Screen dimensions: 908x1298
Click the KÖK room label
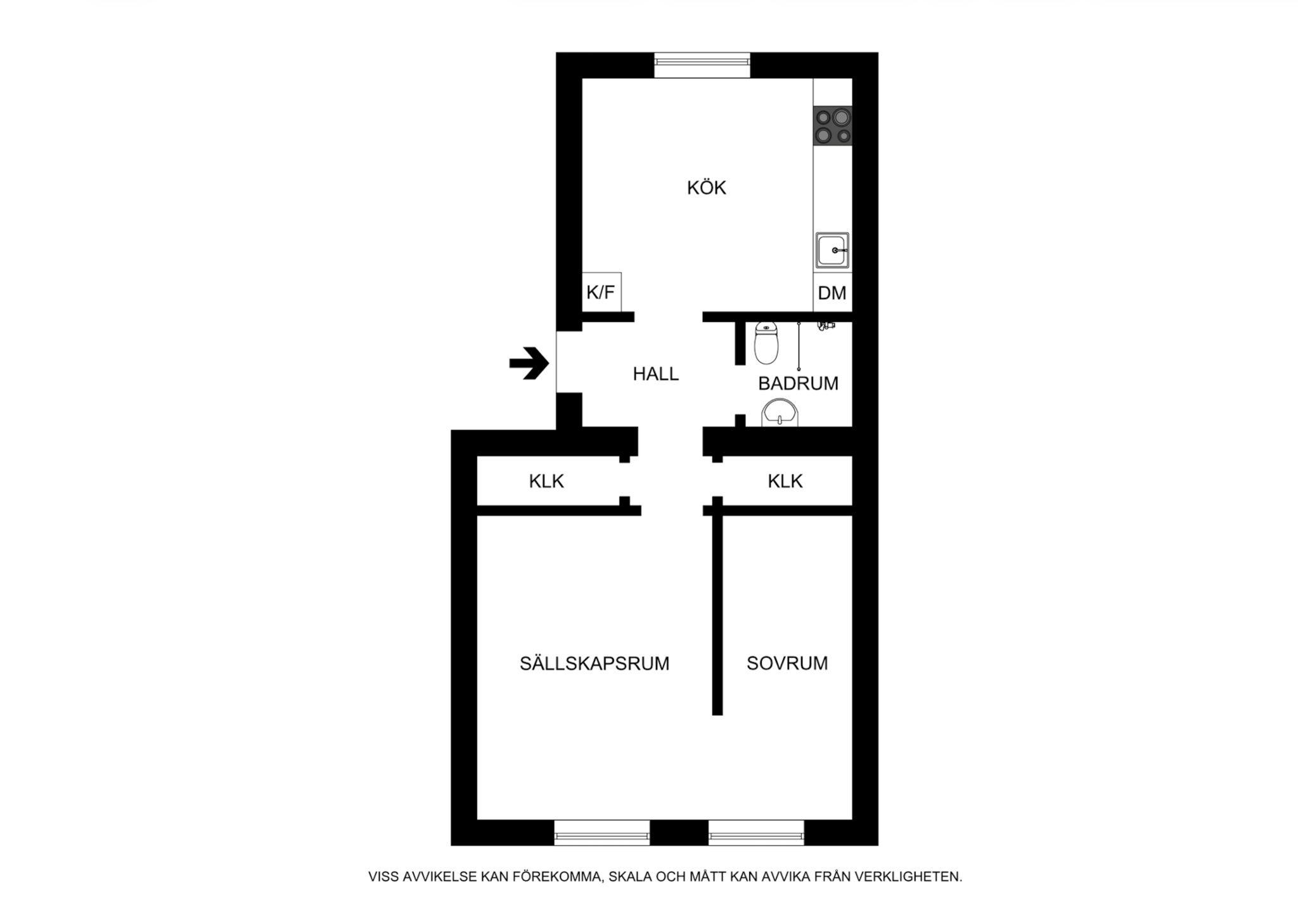coord(706,188)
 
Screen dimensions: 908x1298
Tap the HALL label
coord(655,374)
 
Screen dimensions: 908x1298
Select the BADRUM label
coord(798,383)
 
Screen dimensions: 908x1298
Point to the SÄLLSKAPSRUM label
coord(594,663)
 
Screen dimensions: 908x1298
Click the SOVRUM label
coord(787,663)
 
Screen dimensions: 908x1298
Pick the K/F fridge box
coord(601,292)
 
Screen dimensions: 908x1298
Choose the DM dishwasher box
coord(832,293)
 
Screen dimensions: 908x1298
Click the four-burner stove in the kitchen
coord(833,126)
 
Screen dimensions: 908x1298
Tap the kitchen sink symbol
coord(832,250)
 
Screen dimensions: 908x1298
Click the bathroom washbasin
coord(780,414)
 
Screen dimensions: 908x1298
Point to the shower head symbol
coord(825,326)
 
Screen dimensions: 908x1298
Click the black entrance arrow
coord(529,364)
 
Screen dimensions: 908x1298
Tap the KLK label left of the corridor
coord(546,482)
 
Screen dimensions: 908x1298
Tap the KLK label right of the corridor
coord(785,482)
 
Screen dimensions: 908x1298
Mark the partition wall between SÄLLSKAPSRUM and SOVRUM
coord(717,615)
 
